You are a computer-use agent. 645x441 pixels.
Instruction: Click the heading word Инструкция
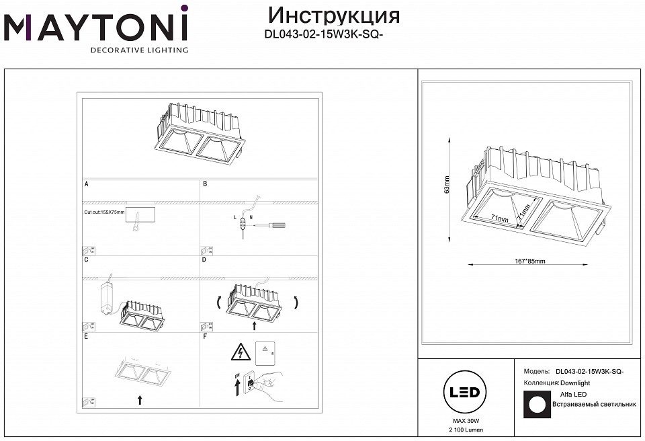tap(333, 15)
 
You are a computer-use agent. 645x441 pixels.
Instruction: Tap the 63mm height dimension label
tap(447, 184)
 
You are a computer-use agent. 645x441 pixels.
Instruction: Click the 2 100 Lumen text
tap(464, 429)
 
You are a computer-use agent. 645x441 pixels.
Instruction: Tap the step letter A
tap(86, 184)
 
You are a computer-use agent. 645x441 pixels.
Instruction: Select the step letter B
tap(205, 184)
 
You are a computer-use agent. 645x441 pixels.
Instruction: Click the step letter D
tap(205, 259)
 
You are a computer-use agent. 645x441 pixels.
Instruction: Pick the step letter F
tap(205, 335)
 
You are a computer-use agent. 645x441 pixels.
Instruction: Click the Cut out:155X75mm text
tap(104, 212)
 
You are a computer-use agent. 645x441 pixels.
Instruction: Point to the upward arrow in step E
tap(140, 400)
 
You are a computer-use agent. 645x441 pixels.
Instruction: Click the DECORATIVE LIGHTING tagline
tap(139, 50)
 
